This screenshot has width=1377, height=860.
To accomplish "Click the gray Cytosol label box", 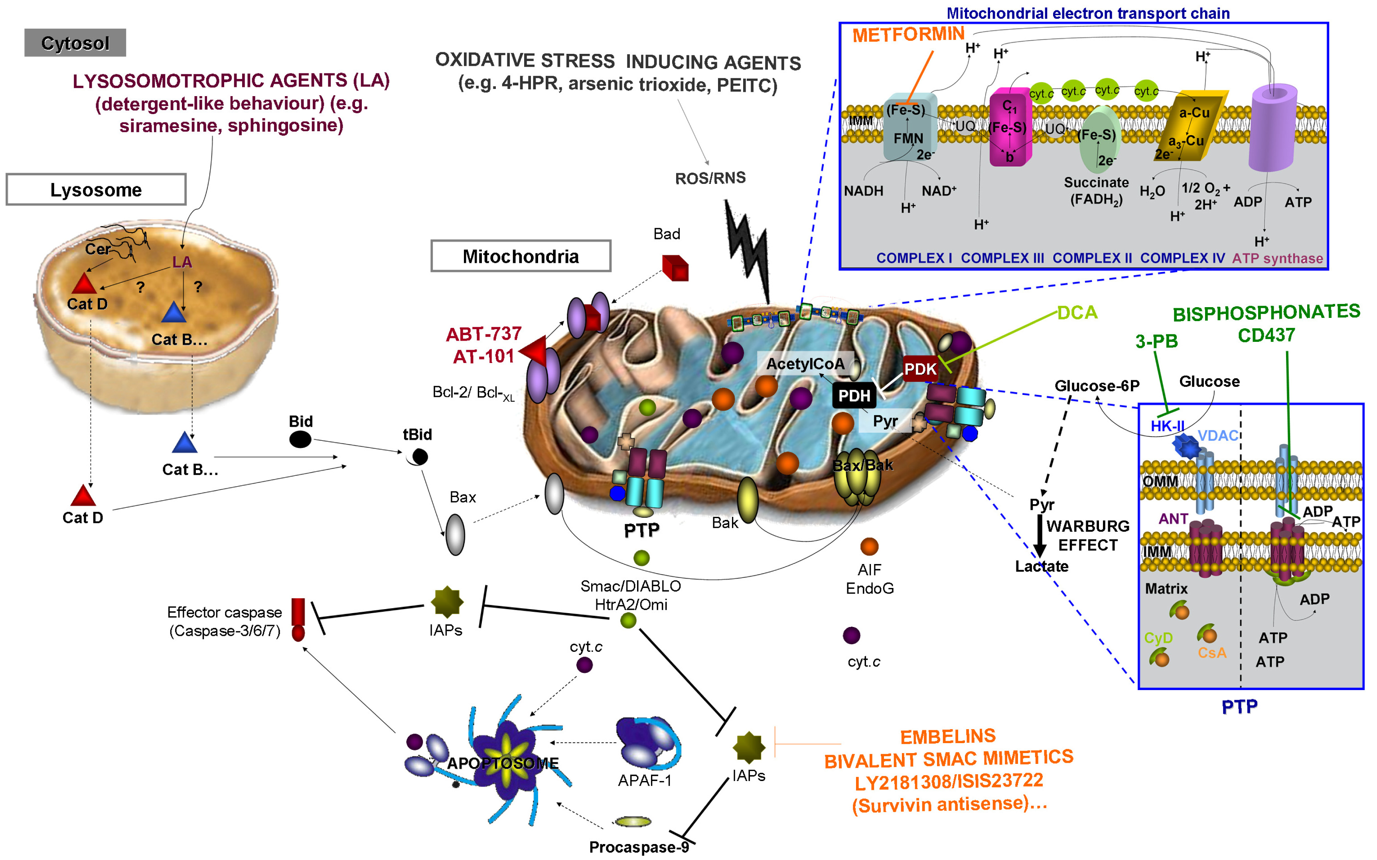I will tap(75, 43).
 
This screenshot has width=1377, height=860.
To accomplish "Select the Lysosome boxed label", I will tap(96, 189).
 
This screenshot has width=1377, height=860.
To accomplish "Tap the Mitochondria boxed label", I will tap(521, 256).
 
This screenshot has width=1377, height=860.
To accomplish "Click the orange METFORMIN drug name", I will tap(908, 35).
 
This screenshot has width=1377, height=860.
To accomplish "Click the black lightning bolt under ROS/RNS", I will tap(748, 250).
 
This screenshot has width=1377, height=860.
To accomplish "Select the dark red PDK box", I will tap(920, 369).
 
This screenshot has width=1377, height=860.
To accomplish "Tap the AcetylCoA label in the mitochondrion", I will tap(805, 364).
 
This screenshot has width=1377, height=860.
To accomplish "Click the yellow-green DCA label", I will tap(1077, 312).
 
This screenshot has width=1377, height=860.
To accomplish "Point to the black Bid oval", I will tap(300, 439).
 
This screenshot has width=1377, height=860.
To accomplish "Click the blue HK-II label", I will tap(1167, 426).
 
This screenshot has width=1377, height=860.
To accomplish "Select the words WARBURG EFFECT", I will tap(1087, 535).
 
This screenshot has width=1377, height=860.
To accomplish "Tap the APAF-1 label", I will tap(644, 780).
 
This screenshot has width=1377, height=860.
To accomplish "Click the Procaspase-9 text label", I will tap(639, 847).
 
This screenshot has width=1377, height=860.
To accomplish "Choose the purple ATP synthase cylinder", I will tap(1272, 128).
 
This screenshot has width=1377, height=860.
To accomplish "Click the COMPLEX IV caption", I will tap(1182, 258).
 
